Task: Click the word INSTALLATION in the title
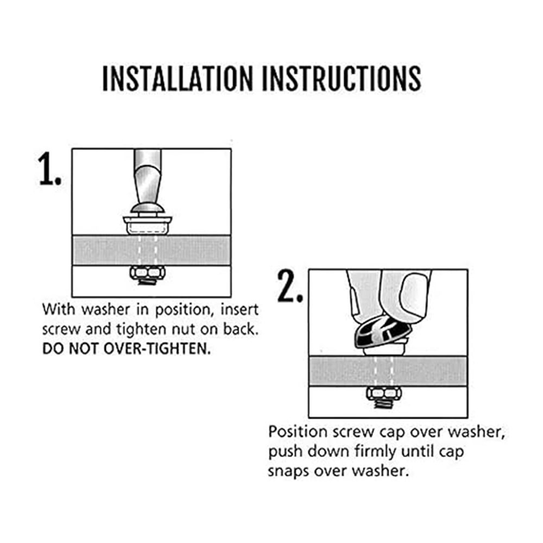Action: pyautogui.click(x=178, y=78)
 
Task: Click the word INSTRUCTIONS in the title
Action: pyautogui.click(x=342, y=78)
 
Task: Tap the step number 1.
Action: pyautogui.click(x=49, y=169)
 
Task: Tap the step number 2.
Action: pyautogui.click(x=290, y=286)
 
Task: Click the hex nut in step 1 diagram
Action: pyautogui.click(x=148, y=273)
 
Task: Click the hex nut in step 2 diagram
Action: pyautogui.click(x=384, y=393)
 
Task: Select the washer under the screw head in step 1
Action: pyautogui.click(x=148, y=225)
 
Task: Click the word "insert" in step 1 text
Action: pyautogui.click(x=239, y=310)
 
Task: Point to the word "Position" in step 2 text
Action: pyautogui.click(x=298, y=432)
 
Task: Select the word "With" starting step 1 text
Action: pyautogui.click(x=59, y=310)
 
